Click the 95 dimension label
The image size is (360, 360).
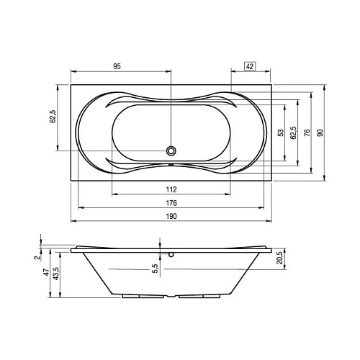(x=117, y=66)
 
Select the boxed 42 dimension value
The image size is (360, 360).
(x=250, y=66)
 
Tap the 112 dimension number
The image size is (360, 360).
(x=171, y=189)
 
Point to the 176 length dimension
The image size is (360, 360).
(x=171, y=203)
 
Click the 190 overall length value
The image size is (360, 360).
(x=171, y=216)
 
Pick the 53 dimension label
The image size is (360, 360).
(x=280, y=132)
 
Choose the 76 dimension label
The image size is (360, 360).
(x=307, y=132)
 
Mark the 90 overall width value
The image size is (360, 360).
(x=320, y=132)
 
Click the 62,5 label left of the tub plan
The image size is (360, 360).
(x=53, y=117)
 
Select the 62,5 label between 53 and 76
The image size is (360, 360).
(x=293, y=132)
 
